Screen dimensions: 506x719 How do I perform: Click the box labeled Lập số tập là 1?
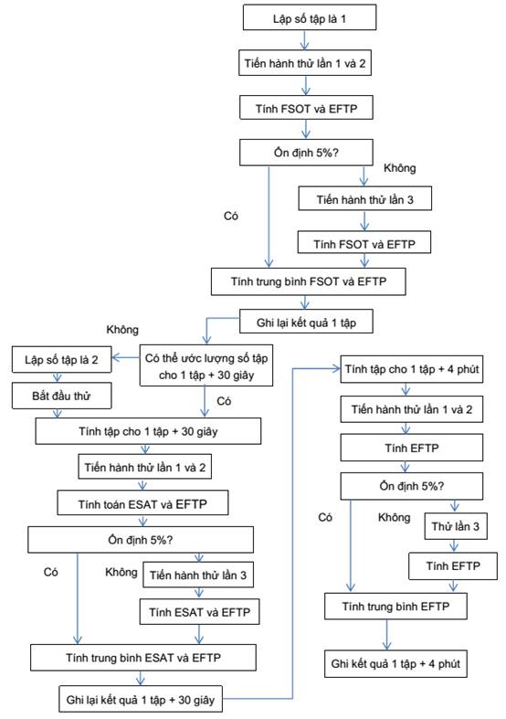point(310,17)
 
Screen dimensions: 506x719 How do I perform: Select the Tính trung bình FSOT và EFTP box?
point(308,281)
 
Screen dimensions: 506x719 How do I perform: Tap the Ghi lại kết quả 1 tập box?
point(306,322)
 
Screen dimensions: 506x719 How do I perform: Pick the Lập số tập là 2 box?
point(61,360)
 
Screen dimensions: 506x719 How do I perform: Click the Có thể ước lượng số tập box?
point(206,365)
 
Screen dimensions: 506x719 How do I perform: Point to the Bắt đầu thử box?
point(61,397)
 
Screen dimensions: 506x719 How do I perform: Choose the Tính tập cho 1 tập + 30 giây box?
point(148,431)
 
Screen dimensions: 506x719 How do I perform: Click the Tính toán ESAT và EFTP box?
point(142,503)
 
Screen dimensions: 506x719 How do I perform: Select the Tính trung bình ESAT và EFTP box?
point(143,658)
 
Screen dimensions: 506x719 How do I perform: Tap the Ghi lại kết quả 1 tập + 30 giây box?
point(141,699)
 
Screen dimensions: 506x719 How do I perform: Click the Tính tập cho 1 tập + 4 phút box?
point(412,369)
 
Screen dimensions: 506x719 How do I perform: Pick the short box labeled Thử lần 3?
point(455,526)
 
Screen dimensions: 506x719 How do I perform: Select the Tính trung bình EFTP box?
point(395,607)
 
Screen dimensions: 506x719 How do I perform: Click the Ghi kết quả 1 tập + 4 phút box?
point(395,663)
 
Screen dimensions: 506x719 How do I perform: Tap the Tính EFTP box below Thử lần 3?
point(453,566)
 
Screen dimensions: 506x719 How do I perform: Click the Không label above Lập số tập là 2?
point(122,330)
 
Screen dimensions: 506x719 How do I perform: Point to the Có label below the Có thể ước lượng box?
point(224,401)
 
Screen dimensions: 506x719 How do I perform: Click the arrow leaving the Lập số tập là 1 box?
point(305,40)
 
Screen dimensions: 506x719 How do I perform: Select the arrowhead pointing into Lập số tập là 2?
point(115,357)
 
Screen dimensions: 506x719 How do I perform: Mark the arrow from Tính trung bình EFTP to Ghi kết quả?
point(387,635)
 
